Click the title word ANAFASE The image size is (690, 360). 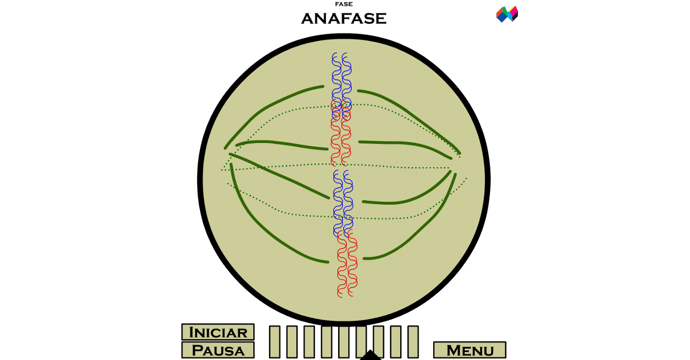pyautogui.click(x=344, y=19)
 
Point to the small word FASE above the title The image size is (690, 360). pyautogui.click(x=344, y=4)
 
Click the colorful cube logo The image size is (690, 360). pyautogui.click(x=507, y=14)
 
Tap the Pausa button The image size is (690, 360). pyautogui.click(x=218, y=351)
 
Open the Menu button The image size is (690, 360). pyautogui.click(x=470, y=351)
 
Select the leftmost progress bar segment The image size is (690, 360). pyautogui.click(x=275, y=342)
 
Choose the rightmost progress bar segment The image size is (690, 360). pyautogui.click(x=413, y=342)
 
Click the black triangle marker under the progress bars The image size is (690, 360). pyautogui.click(x=370, y=355)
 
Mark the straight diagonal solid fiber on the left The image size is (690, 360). pyautogui.click(x=278, y=176)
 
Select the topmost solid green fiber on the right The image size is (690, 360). pyautogui.click(x=409, y=113)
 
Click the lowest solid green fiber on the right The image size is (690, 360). pyautogui.click(x=419, y=232)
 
